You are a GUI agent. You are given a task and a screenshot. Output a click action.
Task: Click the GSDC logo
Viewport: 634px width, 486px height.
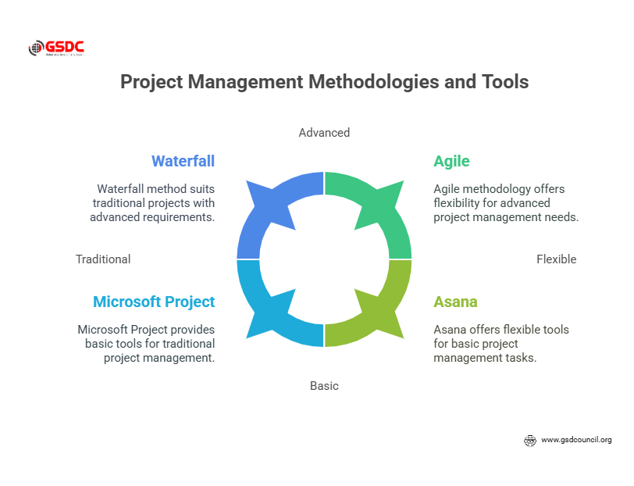click(x=56, y=48)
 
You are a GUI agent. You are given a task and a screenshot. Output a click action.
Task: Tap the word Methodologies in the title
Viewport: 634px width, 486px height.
click(x=373, y=82)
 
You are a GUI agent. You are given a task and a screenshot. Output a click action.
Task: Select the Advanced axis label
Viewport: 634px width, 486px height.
click(x=324, y=133)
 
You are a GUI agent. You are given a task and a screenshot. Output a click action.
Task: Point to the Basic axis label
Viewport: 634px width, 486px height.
click(x=324, y=386)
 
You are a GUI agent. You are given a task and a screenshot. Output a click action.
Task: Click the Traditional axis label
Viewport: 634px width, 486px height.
click(x=103, y=259)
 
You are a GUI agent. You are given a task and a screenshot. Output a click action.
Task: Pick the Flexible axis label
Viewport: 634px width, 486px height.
click(x=557, y=259)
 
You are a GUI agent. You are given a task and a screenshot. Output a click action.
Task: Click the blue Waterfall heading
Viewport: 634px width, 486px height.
click(x=183, y=161)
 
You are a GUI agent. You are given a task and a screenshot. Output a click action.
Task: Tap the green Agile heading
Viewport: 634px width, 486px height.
click(x=451, y=162)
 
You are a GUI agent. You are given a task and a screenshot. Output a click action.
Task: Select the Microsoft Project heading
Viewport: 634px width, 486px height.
click(x=154, y=302)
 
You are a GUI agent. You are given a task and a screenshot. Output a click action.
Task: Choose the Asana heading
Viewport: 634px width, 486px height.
click(x=455, y=302)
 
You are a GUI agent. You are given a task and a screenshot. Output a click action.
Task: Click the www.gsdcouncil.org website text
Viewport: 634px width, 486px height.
click(x=576, y=440)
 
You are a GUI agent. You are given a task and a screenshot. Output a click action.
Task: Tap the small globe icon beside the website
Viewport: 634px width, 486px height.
click(x=529, y=440)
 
